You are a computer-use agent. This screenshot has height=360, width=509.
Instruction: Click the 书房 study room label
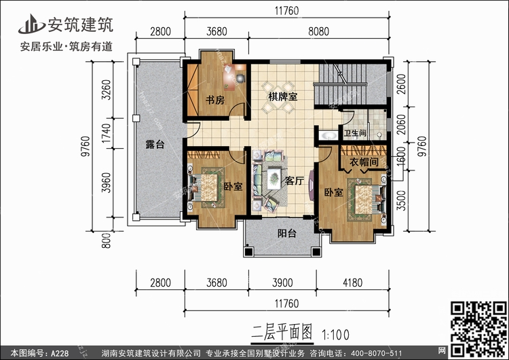click(x=215, y=100)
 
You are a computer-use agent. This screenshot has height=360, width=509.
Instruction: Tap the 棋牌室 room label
click(x=282, y=96)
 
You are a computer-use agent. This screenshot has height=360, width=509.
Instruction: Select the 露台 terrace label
click(x=155, y=144)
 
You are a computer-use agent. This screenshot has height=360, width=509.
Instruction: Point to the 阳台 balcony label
click(x=287, y=233)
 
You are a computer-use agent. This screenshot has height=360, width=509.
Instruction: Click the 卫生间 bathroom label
click(x=355, y=133)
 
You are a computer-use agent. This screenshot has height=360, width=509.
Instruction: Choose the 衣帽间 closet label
click(x=364, y=162)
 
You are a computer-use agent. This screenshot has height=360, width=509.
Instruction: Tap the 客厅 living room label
click(x=294, y=181)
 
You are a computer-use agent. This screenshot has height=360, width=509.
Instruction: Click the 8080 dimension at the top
click(x=318, y=31)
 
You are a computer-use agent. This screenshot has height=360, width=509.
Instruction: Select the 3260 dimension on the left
click(x=107, y=90)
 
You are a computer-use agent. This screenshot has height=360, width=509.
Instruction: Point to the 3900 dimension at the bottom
click(x=282, y=283)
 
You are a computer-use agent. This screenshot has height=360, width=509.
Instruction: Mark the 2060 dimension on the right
click(x=402, y=124)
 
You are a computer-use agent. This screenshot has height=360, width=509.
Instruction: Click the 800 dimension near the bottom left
click(x=106, y=240)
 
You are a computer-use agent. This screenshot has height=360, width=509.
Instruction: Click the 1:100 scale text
click(x=335, y=335)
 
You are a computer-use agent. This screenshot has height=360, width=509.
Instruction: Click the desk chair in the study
click(x=240, y=78)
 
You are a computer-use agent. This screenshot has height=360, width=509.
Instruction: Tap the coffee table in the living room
click(x=274, y=177)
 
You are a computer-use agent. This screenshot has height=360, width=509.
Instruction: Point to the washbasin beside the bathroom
click(x=328, y=134)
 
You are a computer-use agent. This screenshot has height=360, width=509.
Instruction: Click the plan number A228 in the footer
click(x=60, y=353)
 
